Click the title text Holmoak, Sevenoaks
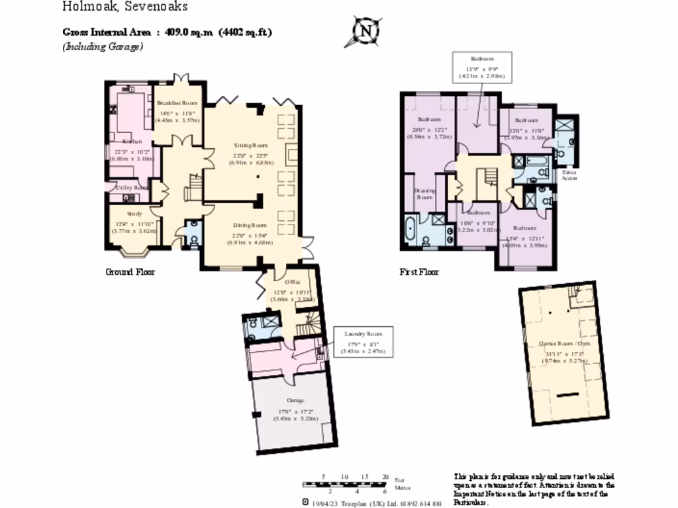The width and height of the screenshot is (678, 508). (x=125, y=7)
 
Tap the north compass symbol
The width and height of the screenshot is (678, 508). (x=365, y=31)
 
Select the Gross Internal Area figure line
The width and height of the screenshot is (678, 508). (x=168, y=32)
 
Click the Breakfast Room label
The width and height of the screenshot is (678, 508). (x=177, y=103)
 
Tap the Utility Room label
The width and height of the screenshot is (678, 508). (x=132, y=188)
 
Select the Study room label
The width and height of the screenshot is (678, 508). (x=135, y=214)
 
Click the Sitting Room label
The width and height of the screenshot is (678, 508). (x=250, y=145)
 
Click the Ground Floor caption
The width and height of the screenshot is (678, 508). (x=130, y=272)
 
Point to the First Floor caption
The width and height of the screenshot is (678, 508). (x=419, y=272)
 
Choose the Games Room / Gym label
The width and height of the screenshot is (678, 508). (x=563, y=344)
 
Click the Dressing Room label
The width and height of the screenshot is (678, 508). (x=424, y=194)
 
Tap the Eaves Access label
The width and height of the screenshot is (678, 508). (x=569, y=175)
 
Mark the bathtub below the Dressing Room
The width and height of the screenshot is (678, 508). (x=411, y=231)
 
